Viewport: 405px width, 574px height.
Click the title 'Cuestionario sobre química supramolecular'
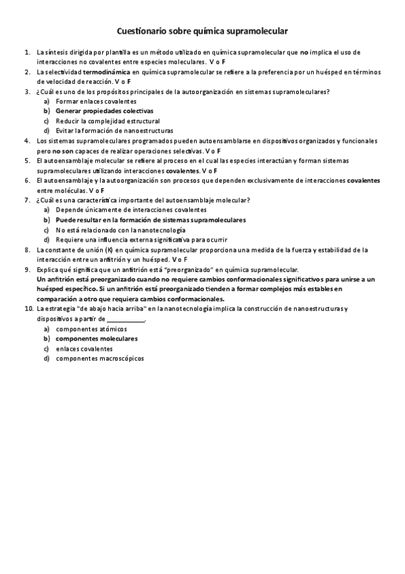point(202,31)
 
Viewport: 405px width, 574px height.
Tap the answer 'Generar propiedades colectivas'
point(104,110)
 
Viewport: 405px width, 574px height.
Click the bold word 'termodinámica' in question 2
point(107,71)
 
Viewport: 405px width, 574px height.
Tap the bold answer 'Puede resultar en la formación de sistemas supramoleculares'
point(150,220)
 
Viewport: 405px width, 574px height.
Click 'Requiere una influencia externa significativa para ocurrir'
point(141,240)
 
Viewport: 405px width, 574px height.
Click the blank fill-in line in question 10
point(126,319)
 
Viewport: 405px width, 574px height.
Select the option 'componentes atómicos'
point(91,329)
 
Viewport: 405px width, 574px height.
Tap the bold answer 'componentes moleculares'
point(96,338)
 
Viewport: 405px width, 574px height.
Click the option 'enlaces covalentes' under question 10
point(85,349)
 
